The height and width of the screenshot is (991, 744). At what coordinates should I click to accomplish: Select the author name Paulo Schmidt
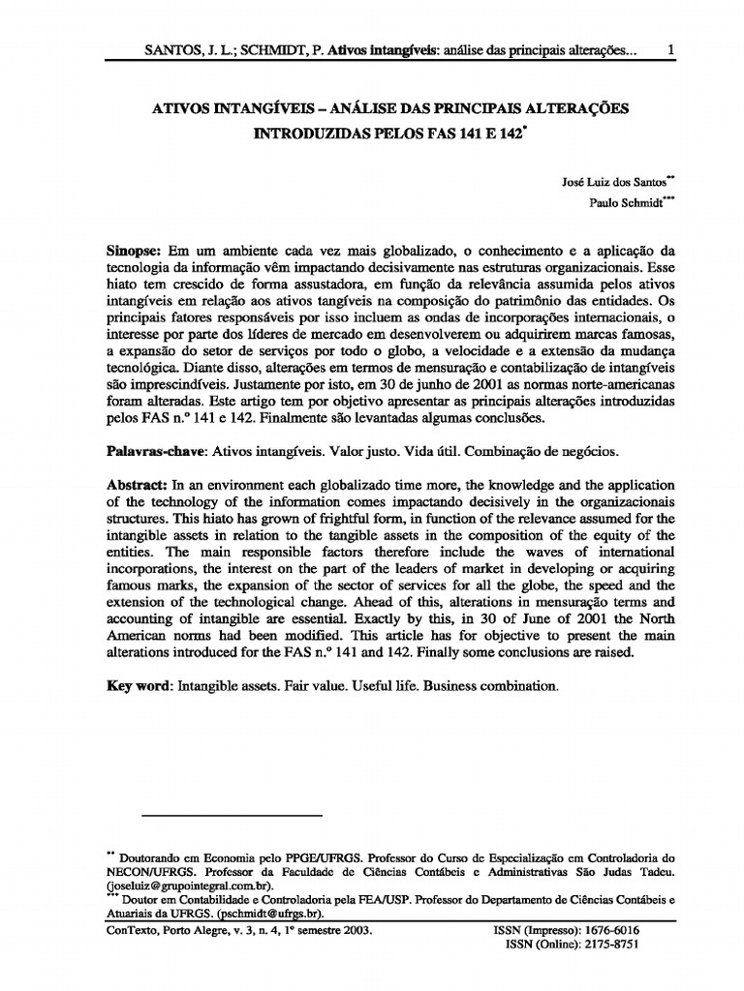click(x=625, y=202)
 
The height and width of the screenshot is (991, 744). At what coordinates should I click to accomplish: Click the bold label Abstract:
click(x=137, y=484)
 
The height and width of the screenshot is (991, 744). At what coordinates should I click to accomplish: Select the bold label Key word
click(x=139, y=685)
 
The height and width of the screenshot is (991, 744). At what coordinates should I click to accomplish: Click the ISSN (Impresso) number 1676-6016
click(x=609, y=930)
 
